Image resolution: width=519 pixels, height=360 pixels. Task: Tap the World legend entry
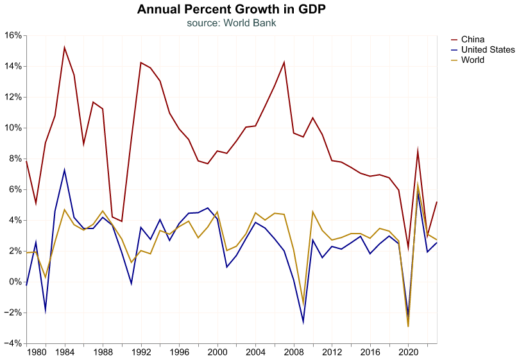point(472,60)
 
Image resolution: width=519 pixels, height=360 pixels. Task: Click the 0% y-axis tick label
point(14,282)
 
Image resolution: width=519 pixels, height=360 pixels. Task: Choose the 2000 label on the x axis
point(217,352)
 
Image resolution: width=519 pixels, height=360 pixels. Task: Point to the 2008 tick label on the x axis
point(294,352)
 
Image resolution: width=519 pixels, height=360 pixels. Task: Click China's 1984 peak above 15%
point(65,47)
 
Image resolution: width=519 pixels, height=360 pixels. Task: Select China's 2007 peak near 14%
point(284,62)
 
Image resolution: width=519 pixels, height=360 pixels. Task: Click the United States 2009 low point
point(303,321)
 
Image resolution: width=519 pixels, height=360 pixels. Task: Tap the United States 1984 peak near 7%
point(65,170)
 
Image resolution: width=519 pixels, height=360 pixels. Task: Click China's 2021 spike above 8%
point(418,151)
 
